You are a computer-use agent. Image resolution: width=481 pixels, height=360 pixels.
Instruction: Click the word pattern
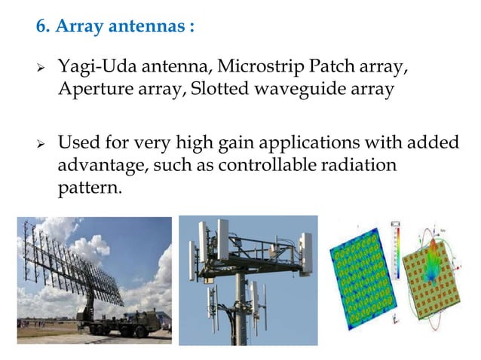pyautogui.click(x=89, y=186)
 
